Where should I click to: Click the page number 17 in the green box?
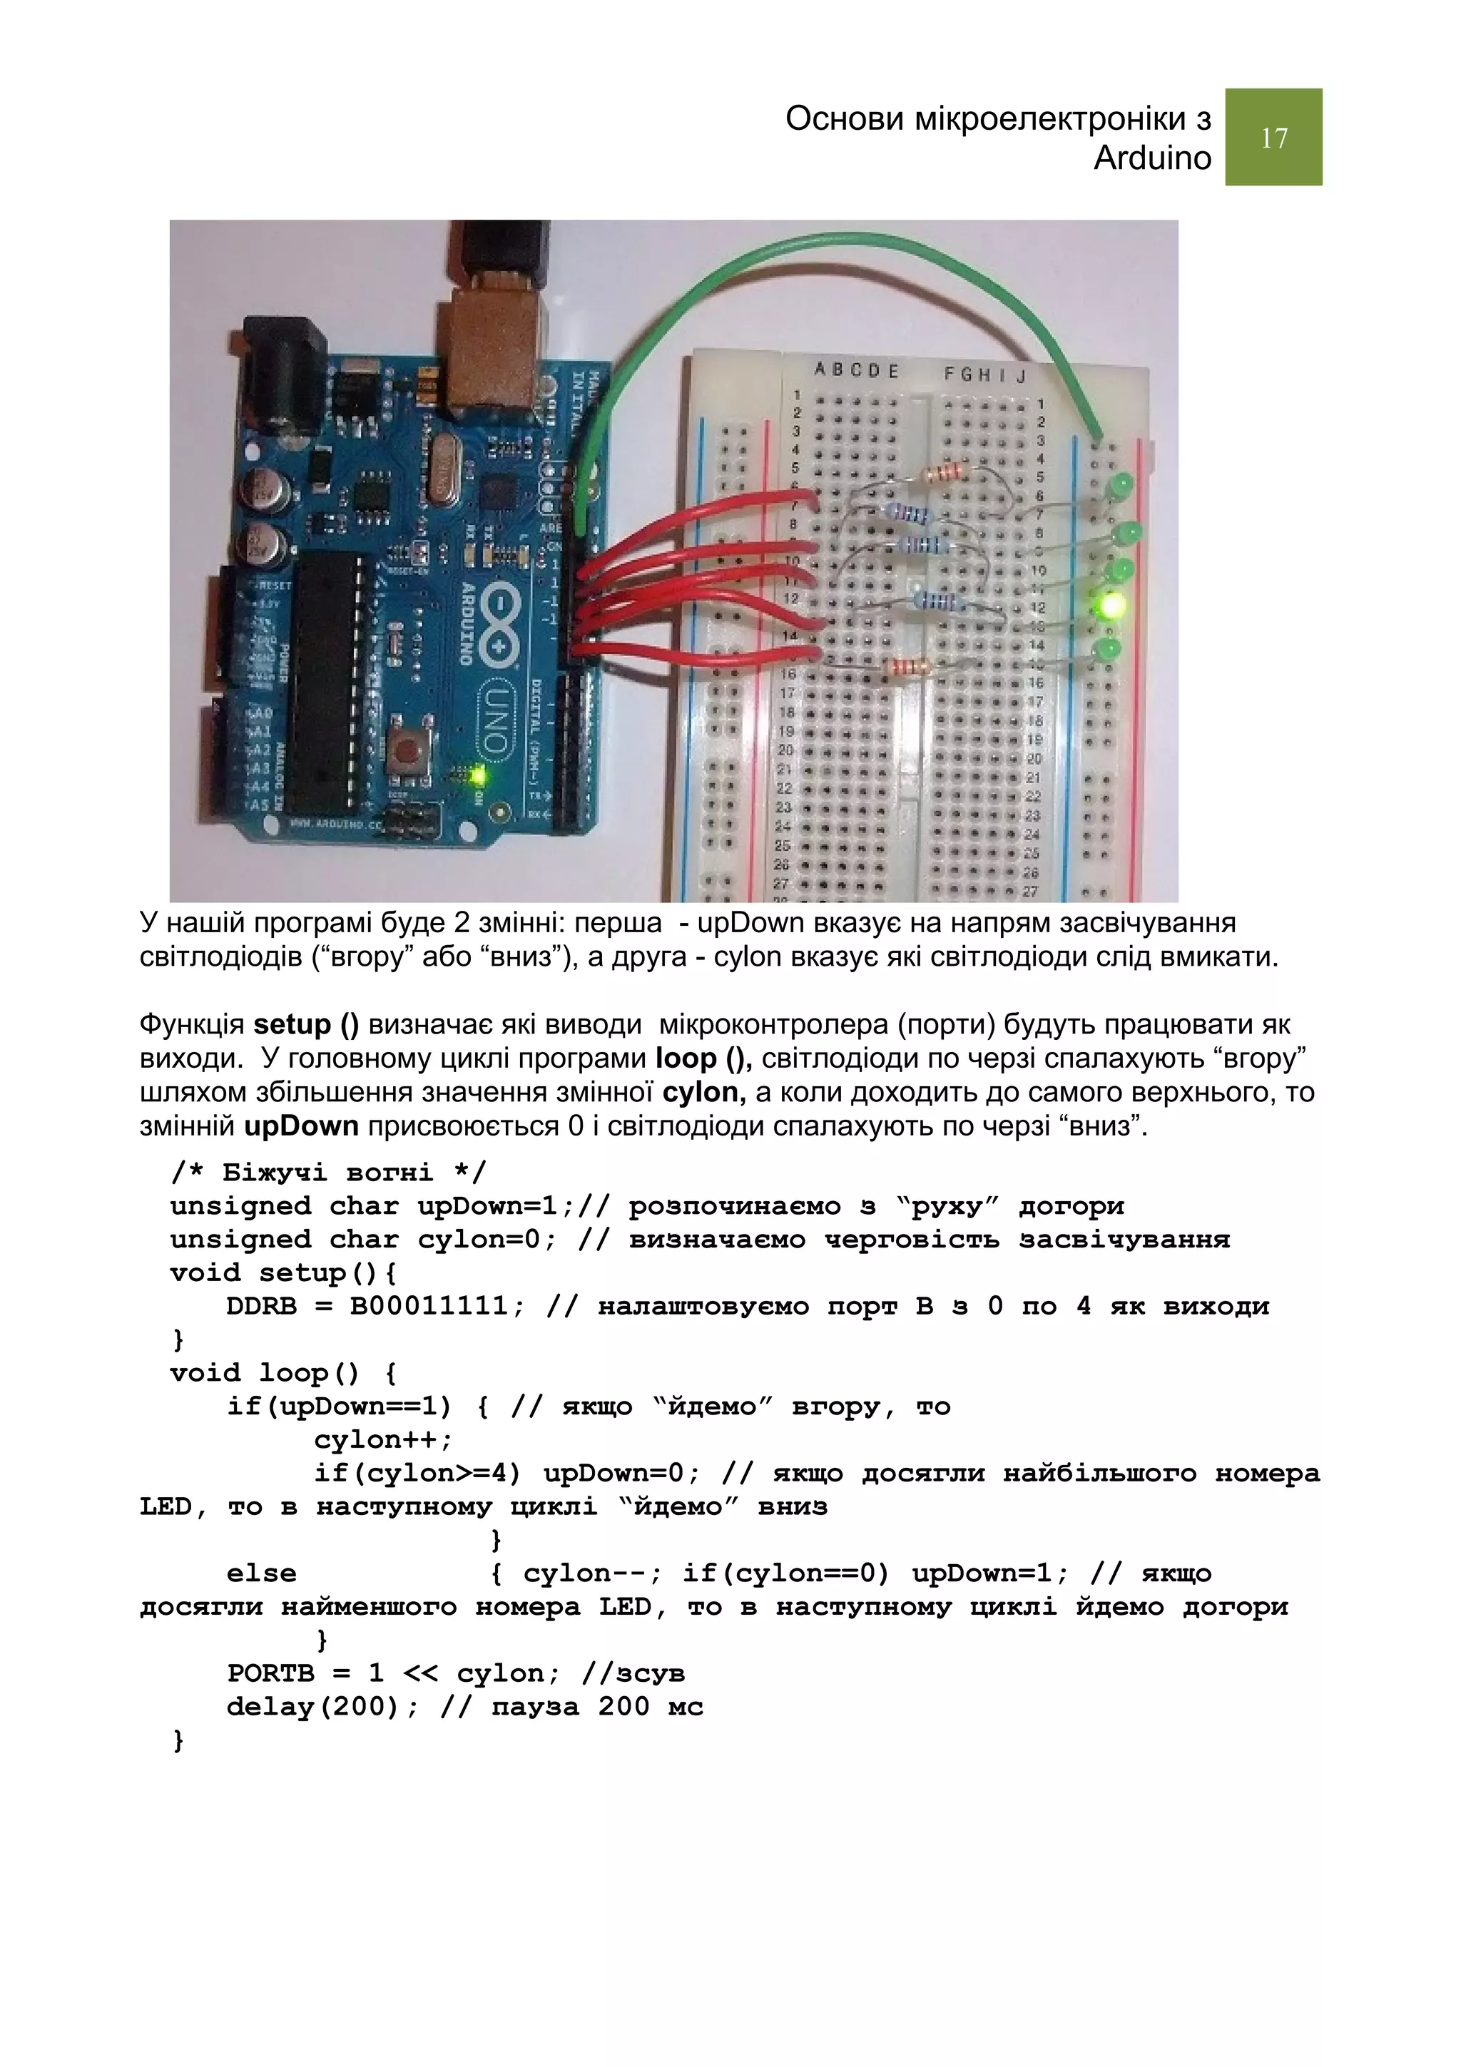pos(1273,138)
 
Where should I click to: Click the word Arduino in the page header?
pos(1152,158)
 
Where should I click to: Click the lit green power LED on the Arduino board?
pos(477,774)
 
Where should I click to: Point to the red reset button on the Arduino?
pos(410,747)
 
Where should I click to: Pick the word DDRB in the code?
pos(261,1306)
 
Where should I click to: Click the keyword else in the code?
pos(261,1573)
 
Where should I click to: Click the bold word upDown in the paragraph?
pos(302,1126)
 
